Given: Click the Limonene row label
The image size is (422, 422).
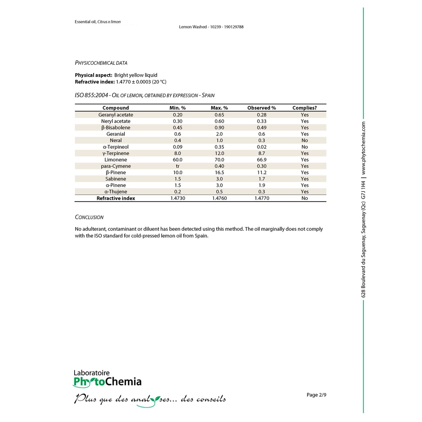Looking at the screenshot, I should pos(116,159).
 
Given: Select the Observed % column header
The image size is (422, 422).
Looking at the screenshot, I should pos(261,108).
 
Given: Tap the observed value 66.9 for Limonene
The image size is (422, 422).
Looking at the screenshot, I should pos(261,159).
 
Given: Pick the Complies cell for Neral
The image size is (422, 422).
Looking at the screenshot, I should pos(305,141).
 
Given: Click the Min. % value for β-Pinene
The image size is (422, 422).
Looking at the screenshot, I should pos(178,173).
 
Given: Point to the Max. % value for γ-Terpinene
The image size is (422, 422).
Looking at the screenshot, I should pos(219,153).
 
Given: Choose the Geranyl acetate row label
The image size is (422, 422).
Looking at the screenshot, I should pos(116,115).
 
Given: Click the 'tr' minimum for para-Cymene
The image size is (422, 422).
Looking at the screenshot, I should pos(178,166).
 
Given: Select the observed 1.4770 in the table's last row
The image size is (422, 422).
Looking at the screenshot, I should pos(261,198).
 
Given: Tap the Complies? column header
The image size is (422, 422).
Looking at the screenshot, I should pos(305,108).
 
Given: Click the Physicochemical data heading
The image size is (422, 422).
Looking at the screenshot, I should pos(101,63).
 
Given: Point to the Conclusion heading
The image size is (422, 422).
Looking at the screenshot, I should pos(89,217).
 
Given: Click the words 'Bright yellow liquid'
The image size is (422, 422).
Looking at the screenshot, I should pos(136,75).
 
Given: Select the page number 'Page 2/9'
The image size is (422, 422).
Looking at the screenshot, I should pos(316,395).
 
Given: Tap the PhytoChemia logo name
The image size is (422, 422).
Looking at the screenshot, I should pos(108,382).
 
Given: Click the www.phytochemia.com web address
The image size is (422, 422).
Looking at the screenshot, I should pos(363,148).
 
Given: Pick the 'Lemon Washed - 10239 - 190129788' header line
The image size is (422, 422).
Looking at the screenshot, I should pos(211,27).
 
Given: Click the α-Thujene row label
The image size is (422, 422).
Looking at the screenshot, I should pos(116,192).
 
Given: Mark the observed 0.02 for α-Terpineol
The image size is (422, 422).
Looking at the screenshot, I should pos(261,147).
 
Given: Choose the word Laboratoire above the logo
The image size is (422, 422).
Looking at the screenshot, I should pos(91,373).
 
